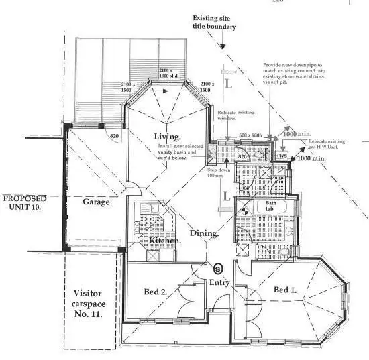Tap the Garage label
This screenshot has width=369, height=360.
(97, 202)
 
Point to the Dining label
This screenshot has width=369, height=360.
(204, 234)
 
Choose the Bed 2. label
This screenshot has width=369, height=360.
(155, 291)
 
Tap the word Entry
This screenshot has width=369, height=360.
(219, 282)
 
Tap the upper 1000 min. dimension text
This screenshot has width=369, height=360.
(297, 134)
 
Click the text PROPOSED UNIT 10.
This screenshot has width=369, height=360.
(24, 202)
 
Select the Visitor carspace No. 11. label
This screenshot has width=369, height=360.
(89, 302)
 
